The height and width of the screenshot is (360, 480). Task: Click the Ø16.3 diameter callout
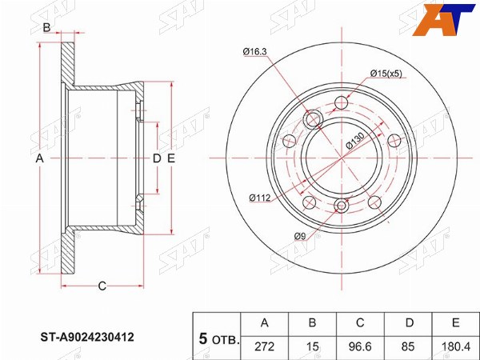[254, 52]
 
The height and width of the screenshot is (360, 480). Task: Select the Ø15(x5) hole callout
[386, 74]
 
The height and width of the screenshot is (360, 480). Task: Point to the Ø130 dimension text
[355, 141]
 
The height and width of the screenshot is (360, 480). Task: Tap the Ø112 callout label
[260, 198]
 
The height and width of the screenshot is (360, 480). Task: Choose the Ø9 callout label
[300, 236]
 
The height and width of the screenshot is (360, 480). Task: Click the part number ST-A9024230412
[87, 338]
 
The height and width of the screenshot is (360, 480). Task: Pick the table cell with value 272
[265, 346]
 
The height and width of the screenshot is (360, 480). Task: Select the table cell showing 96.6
[360, 346]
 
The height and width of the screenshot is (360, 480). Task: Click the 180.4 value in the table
[455, 346]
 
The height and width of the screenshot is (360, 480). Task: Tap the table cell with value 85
[408, 346]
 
